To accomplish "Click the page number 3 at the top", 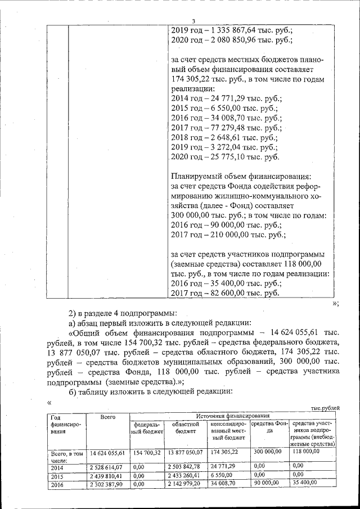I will tap(192, 21).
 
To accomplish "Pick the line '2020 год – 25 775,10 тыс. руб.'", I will tap(224, 157).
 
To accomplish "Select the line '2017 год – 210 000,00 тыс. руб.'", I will tap(228, 235).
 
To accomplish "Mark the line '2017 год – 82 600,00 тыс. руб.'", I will tap(224, 293).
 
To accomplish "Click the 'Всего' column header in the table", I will tap(107, 417).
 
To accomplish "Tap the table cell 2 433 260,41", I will tap(184, 475).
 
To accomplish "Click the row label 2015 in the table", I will tap(57, 476).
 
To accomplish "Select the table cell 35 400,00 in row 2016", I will tap(305, 483).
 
